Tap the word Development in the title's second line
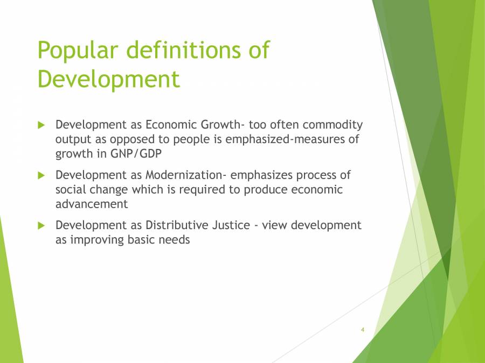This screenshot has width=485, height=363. point(108,79)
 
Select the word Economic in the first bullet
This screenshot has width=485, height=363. point(170,125)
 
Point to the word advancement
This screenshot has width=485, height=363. point(92,204)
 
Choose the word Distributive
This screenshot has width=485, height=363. point(177,225)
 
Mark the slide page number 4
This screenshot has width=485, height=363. point(363,329)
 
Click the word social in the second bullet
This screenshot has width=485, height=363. point(72,189)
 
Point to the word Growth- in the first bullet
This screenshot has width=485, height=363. point(223,125)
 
